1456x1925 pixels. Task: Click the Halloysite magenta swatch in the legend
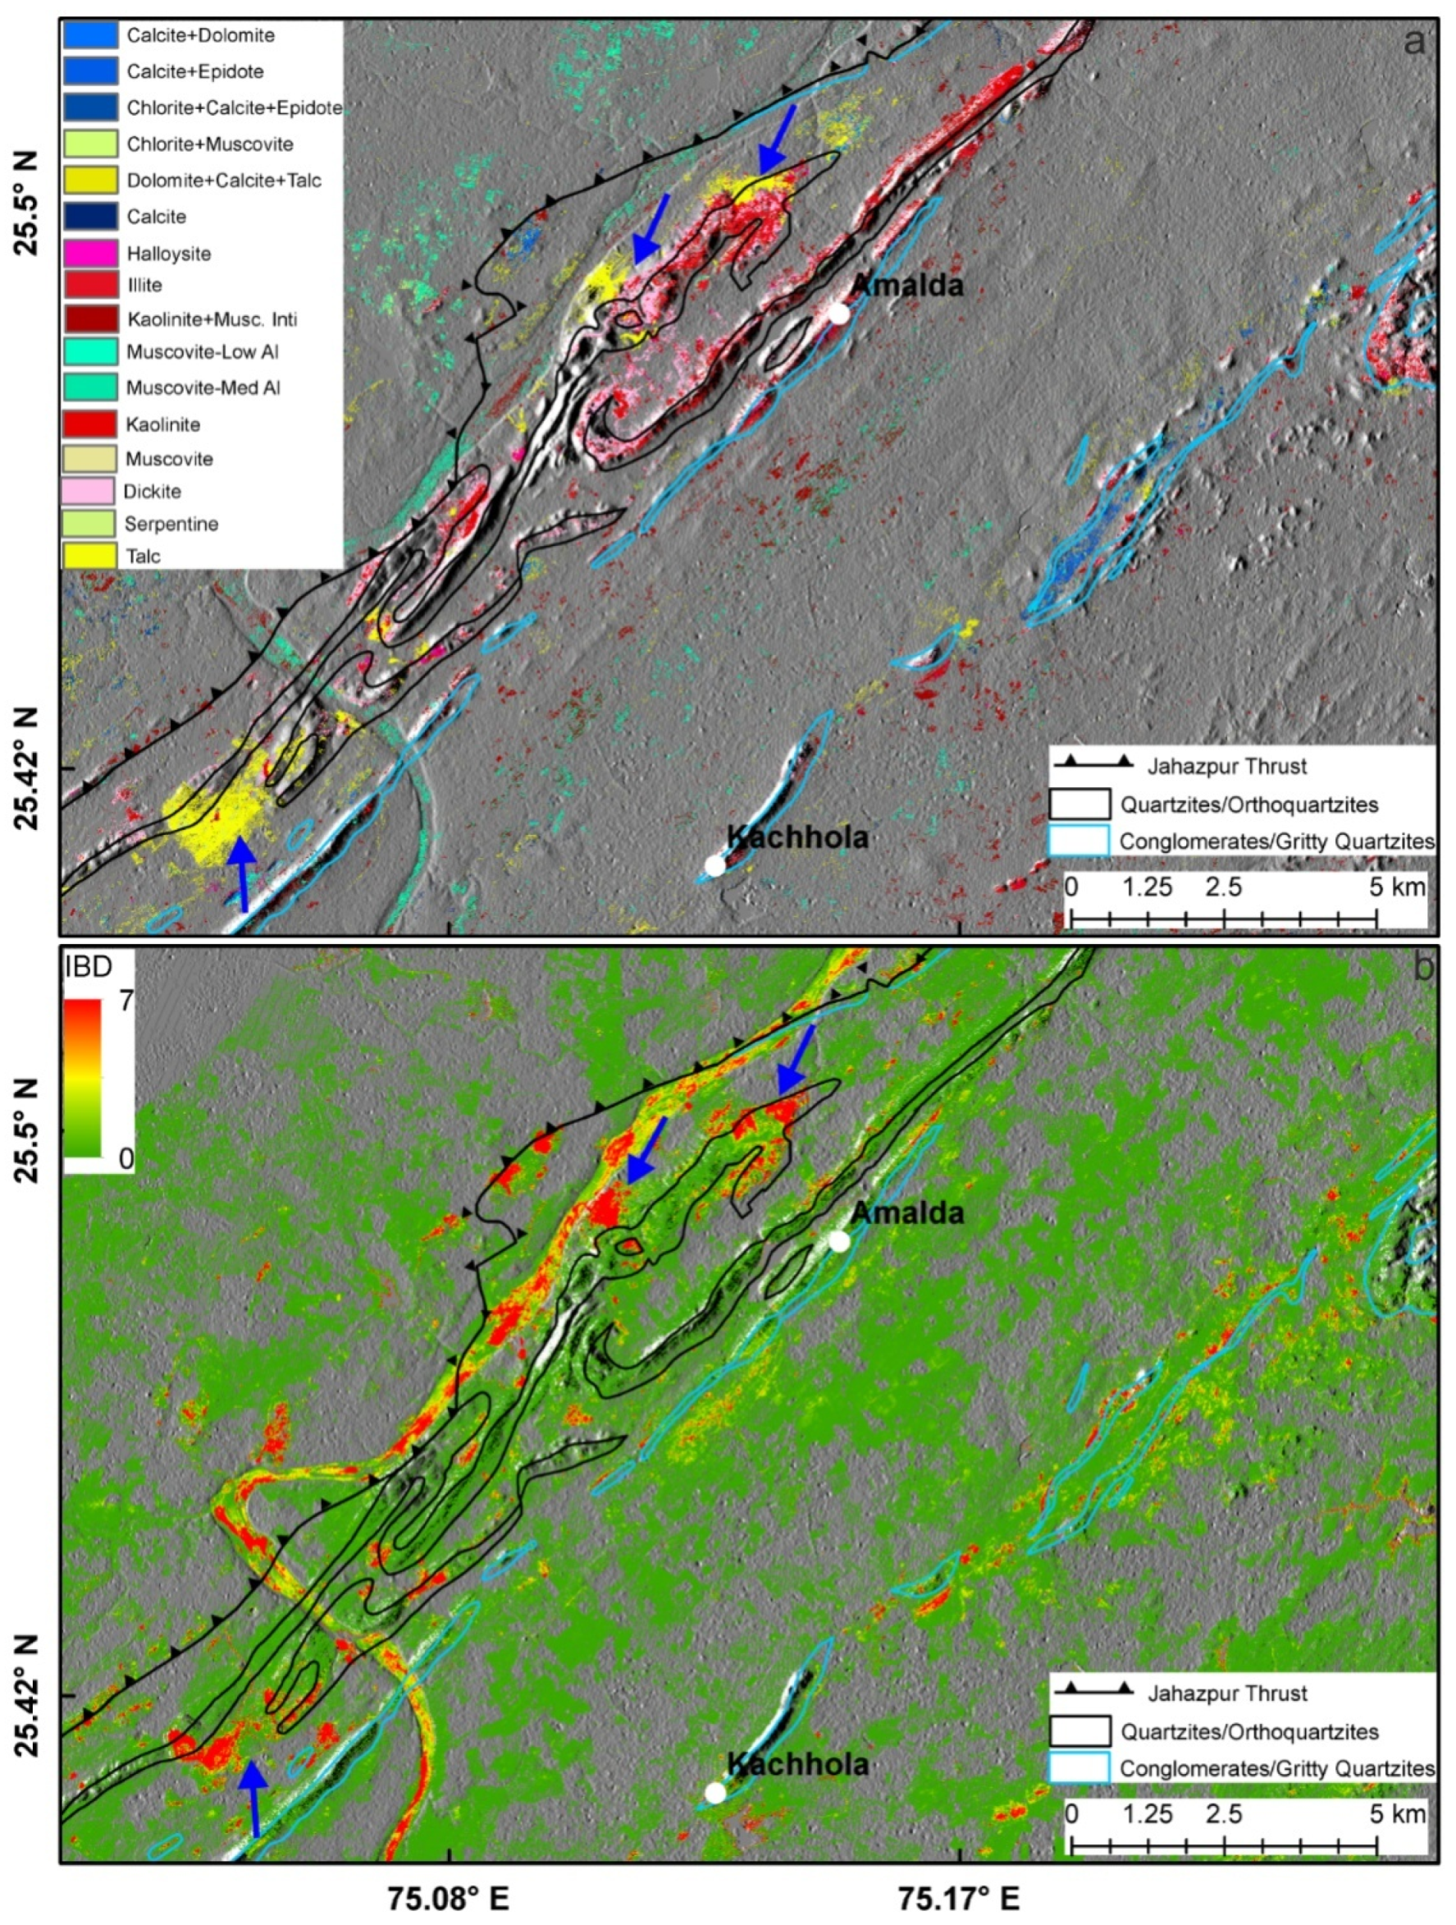[x=89, y=253]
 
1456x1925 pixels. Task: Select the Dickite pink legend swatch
[x=89, y=491]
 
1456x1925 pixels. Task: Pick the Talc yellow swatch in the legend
[x=89, y=555]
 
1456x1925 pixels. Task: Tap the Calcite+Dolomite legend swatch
[x=89, y=35]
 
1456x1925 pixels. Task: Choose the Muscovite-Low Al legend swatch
[x=89, y=352]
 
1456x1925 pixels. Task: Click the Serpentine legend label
[x=171, y=524]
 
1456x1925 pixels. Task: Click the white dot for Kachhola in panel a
[x=714, y=865]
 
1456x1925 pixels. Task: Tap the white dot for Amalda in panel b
[x=838, y=1242]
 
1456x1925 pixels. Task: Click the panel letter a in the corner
[x=1415, y=41]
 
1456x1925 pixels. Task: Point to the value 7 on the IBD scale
[x=126, y=1001]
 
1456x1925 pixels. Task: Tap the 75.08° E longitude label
[x=450, y=1896]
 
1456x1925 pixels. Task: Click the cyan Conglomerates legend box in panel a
[x=1079, y=841]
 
